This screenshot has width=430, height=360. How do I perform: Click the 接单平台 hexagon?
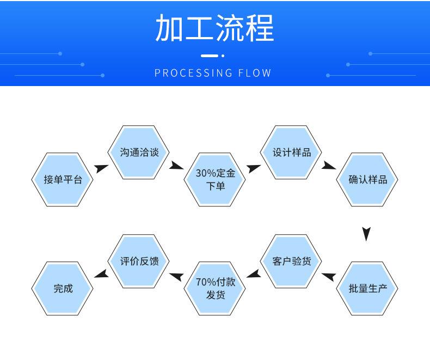click(63, 179)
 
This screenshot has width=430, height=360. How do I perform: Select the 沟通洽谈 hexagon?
click(139, 152)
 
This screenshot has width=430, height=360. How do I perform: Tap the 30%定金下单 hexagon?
click(216, 179)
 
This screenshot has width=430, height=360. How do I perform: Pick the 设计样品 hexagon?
click(292, 152)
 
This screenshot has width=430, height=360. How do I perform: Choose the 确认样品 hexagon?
click(368, 179)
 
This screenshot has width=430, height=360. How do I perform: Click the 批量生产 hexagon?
click(368, 288)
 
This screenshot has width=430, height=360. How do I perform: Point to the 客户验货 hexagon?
click(292, 261)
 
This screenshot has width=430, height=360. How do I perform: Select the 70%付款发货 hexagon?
click(216, 288)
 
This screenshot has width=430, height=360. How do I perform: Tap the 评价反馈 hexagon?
click(139, 261)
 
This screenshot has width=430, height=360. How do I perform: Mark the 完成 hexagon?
click(63, 288)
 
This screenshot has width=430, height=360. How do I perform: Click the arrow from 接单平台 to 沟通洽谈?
click(101, 168)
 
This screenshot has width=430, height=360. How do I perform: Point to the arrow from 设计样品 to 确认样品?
click(329, 165)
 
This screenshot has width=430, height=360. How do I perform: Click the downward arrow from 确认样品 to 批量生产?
click(367, 234)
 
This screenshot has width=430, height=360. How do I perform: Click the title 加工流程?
click(214, 28)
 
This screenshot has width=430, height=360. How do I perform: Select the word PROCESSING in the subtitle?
click(194, 73)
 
